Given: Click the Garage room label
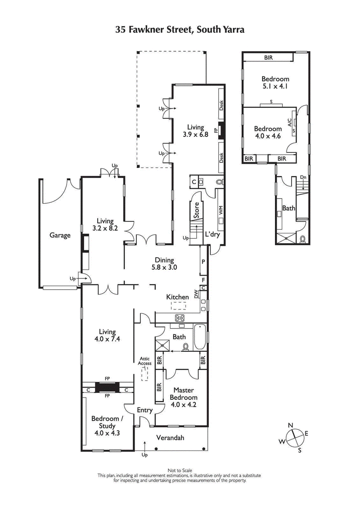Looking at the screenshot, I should click(x=60, y=235).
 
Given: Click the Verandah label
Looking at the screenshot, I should click(x=170, y=438).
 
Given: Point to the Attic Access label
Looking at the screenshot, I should click(x=144, y=361).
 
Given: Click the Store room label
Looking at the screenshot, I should click(x=196, y=210).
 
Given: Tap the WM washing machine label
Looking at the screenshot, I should click(x=220, y=210).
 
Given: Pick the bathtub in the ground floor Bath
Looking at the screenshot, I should click(x=200, y=338).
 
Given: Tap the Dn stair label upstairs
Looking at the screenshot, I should click(x=303, y=177).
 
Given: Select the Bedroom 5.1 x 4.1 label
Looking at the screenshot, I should click(x=275, y=83).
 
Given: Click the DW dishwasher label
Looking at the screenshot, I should click(x=196, y=294).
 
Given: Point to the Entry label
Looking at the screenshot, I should click(x=144, y=410).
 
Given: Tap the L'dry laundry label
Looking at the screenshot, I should click(x=212, y=235).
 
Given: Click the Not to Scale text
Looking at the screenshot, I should click(x=180, y=470).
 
